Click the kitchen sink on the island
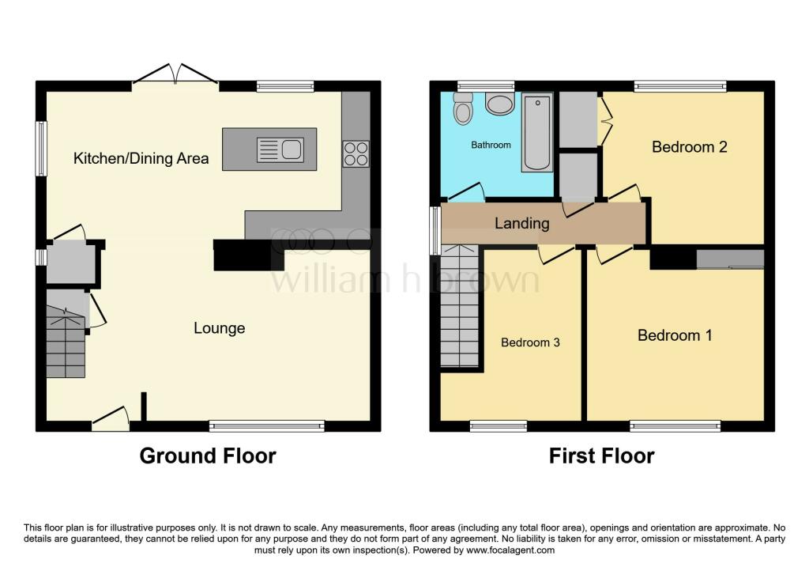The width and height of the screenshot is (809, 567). [280, 149]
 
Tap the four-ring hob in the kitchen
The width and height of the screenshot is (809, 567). [356, 153]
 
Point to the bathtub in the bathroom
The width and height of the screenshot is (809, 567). [536, 132]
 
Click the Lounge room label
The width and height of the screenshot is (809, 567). [220, 328]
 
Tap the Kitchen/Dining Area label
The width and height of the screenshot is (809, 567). [141, 158]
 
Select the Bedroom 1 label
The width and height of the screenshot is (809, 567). [675, 335]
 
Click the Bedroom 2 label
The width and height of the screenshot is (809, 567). [689, 146]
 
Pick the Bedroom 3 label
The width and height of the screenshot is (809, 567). [530, 342]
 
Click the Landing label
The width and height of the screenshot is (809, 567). [521, 223]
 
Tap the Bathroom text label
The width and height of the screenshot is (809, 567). [491, 146]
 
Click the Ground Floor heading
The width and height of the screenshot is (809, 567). [208, 456]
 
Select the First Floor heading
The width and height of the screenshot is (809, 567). [602, 456]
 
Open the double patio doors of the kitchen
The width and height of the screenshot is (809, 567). [176, 75]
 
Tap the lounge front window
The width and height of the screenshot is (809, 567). [267, 426]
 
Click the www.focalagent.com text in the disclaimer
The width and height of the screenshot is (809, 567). [511, 550]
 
